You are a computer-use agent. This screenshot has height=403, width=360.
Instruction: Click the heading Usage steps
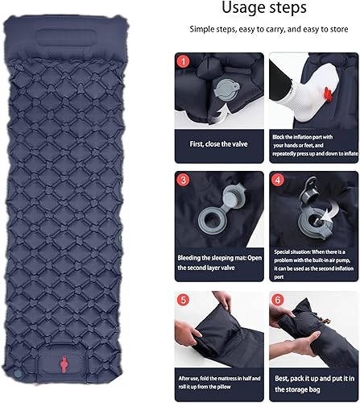click(x=263, y=9)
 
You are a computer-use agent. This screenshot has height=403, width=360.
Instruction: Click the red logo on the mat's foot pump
click(x=60, y=372)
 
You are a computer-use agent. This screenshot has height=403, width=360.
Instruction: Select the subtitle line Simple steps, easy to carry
click(x=263, y=29)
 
